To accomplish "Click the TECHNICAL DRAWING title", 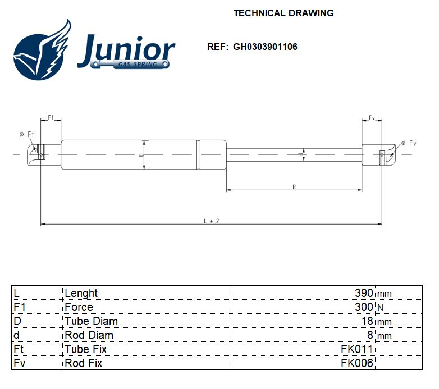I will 283,13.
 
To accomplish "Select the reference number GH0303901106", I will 265,47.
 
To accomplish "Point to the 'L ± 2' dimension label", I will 211,221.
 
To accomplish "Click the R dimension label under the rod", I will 294,186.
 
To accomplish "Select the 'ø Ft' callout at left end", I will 27,134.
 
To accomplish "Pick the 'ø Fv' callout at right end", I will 409,144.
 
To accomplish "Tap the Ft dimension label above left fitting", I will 51,117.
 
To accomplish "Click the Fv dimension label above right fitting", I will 372,117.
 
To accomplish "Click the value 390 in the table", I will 364,293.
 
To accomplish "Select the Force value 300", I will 364,307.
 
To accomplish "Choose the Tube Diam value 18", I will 367,321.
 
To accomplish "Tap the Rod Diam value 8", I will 370,335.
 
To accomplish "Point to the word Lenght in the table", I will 81,293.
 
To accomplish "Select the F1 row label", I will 20,307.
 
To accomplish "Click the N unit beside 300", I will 381,308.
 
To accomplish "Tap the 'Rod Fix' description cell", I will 84,363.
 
